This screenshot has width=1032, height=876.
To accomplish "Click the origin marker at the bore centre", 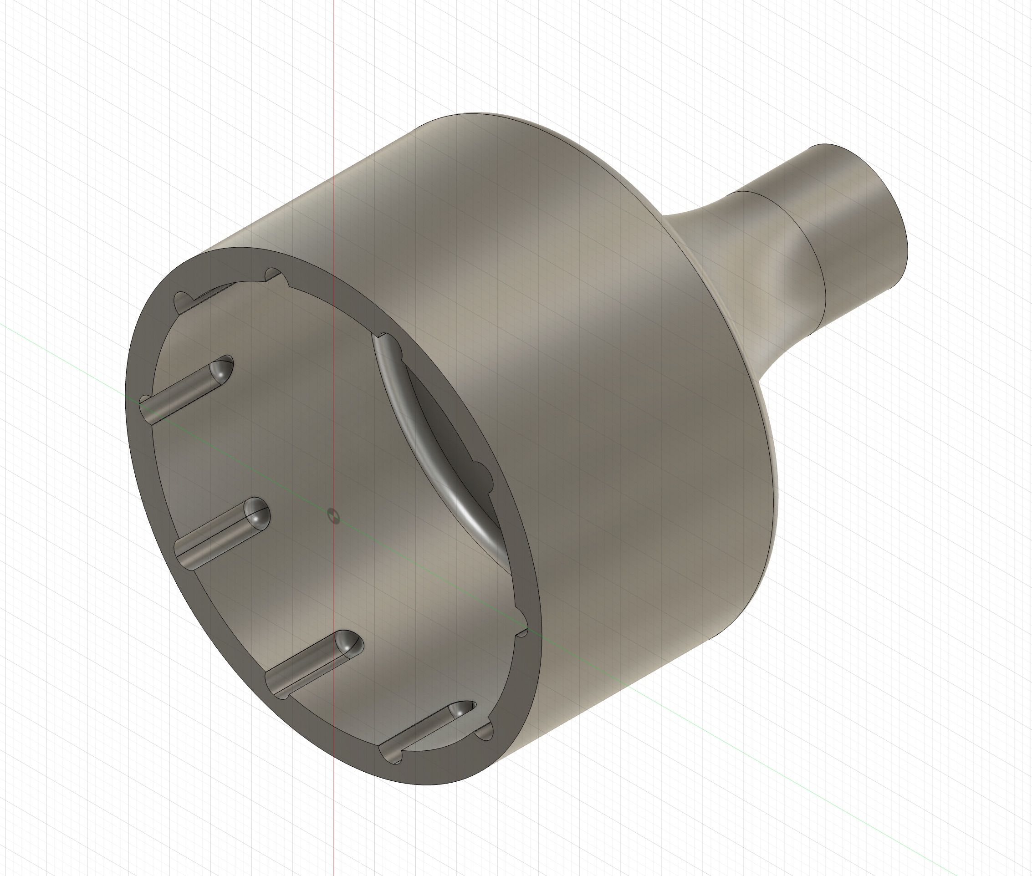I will [x=334, y=516].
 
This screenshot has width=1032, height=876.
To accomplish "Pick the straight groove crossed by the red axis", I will [x=313, y=666].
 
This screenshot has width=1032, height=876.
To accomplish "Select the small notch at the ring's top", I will [x=273, y=275].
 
